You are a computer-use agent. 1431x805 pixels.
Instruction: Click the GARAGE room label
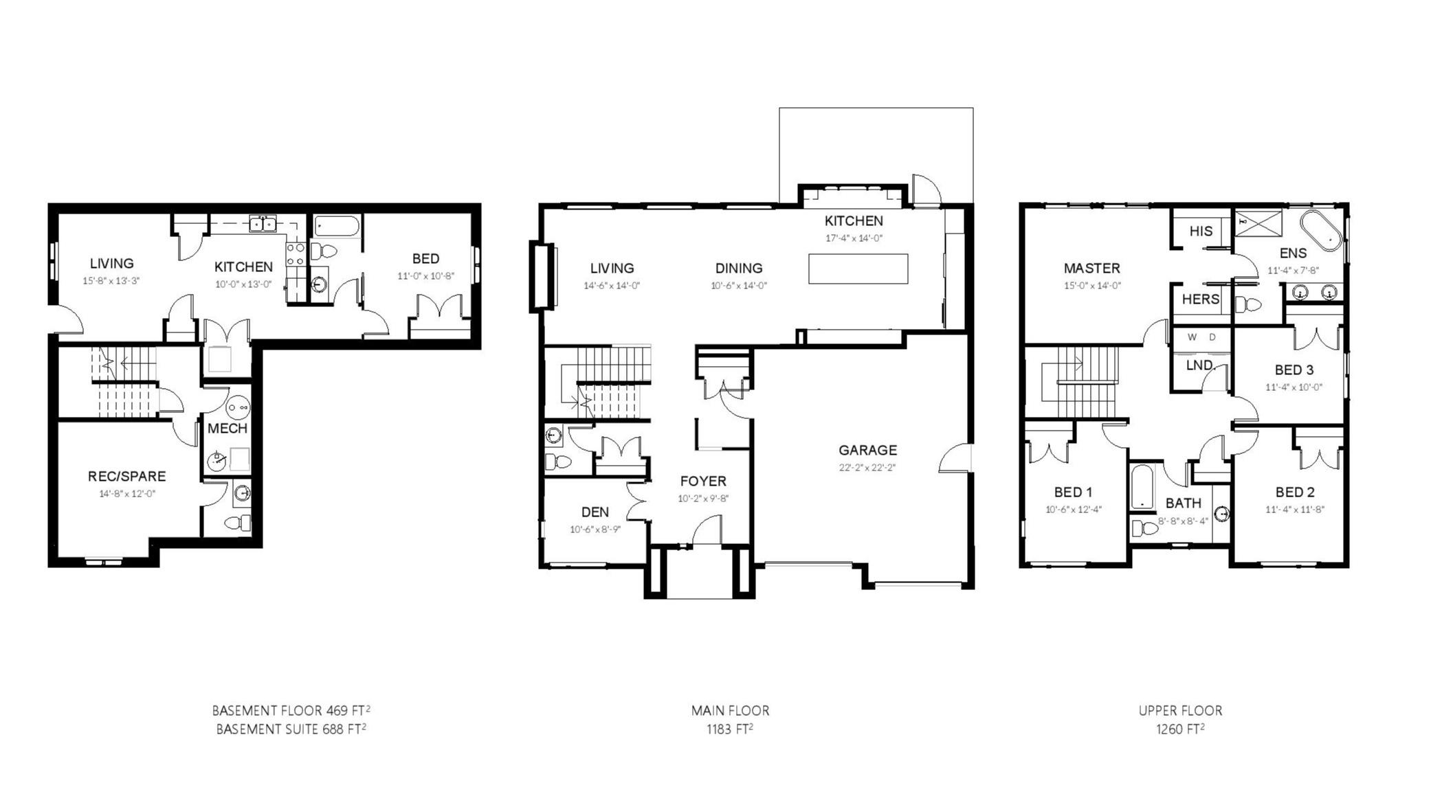pos(867,450)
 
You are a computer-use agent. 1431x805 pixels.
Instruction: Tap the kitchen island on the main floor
pos(858,269)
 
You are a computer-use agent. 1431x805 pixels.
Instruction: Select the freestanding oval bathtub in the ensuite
pos(1320,231)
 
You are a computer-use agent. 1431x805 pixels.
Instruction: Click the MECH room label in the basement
pos(228,429)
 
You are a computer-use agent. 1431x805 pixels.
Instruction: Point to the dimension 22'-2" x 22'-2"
pos(867,468)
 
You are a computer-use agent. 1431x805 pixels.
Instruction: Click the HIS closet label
pos(1201,231)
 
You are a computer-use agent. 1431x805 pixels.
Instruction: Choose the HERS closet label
pos(1201,299)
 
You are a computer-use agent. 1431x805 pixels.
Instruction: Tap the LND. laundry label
pos(1200,365)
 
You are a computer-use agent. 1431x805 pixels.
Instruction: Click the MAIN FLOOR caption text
pos(730,711)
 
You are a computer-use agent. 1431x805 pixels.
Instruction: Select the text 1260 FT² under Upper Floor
pos(1180,729)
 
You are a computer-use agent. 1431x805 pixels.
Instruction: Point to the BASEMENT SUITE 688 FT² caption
pos(291,729)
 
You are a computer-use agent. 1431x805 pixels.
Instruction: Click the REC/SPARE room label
pos(126,476)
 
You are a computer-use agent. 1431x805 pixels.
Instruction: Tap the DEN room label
pos(595,512)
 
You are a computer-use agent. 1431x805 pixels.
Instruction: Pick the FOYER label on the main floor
pos(703,481)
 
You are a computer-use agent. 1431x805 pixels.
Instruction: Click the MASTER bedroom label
pos(1091,269)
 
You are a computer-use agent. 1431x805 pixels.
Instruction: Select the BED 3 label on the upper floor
pos(1294,370)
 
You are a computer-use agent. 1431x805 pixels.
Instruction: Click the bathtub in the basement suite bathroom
pos(337,227)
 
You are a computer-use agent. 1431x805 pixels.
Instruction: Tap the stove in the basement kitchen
pos(296,254)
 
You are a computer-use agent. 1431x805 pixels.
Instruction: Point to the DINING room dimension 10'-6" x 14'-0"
pos(739,286)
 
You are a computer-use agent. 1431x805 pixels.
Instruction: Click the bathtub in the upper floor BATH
pos(1142,487)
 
